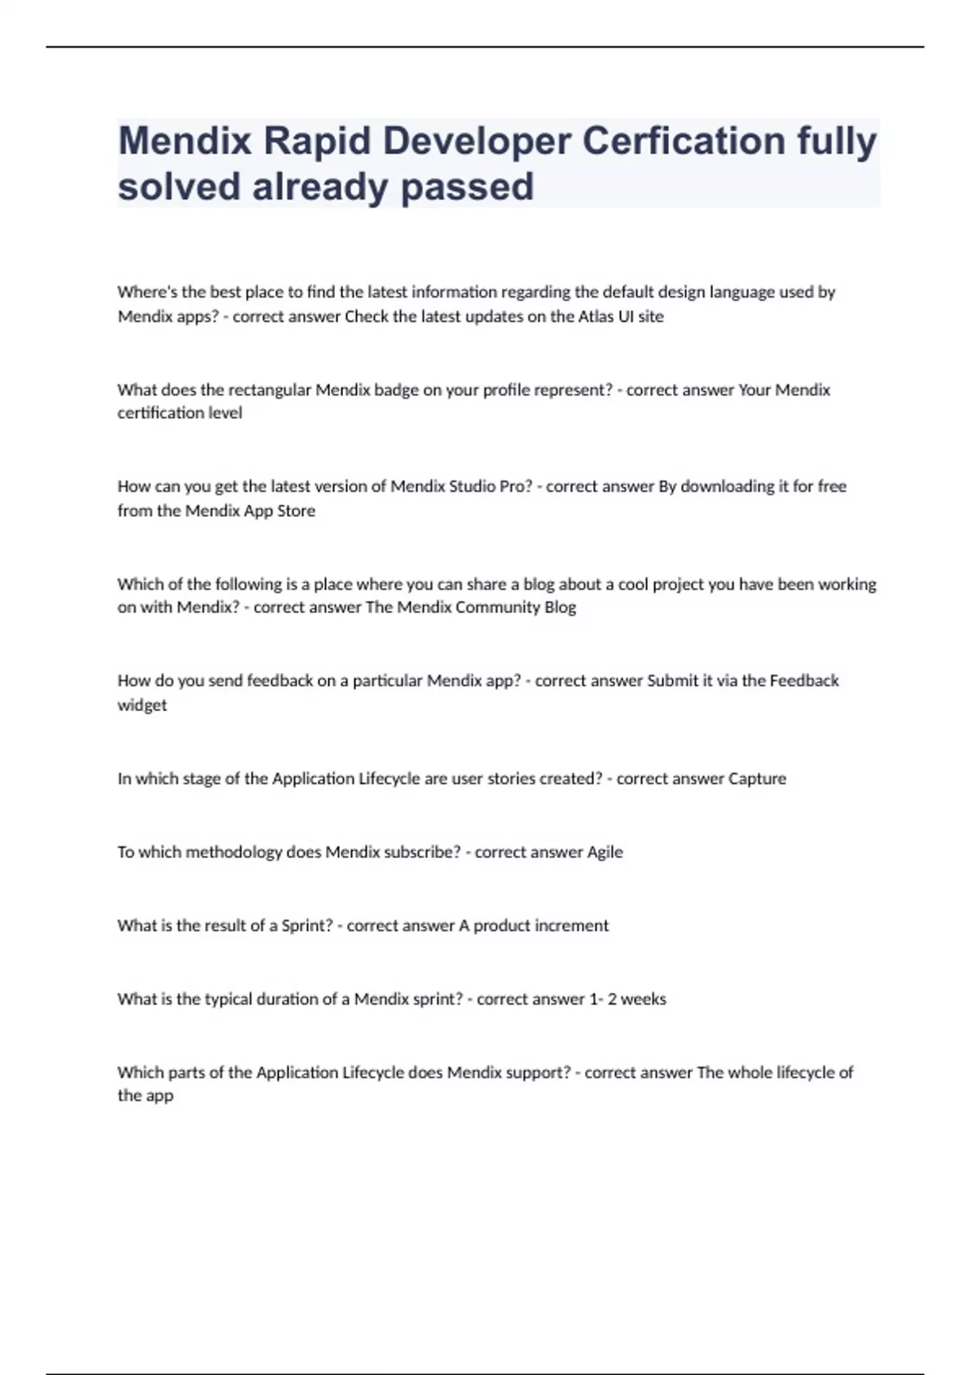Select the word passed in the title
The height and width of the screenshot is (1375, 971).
pos(467,187)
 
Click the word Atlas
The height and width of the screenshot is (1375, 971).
pos(595,316)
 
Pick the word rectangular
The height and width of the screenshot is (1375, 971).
pos(269,390)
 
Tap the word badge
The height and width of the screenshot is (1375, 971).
pos(396,390)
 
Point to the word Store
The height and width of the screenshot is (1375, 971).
pos(296,510)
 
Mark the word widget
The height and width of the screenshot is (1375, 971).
pos(142,705)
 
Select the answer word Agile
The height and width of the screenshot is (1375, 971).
pos(604,852)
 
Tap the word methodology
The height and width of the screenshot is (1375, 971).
pos(234,852)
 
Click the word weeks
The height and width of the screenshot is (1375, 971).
pos(643,999)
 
